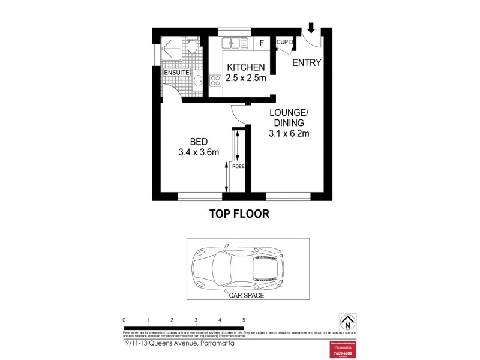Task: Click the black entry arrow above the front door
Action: [311, 28]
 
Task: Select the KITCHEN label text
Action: [245, 67]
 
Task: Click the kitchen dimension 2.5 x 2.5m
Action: [245, 77]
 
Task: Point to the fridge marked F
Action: [262, 43]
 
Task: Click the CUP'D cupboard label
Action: [284, 42]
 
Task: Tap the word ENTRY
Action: [307, 62]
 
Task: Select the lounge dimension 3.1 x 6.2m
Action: [289, 134]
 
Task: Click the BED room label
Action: [199, 142]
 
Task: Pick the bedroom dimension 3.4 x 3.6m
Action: [199, 152]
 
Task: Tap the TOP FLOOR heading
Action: [239, 213]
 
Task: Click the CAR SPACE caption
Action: [247, 295]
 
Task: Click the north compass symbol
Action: [346, 321]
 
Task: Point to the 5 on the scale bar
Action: [244, 320]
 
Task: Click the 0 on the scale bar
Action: [124, 320]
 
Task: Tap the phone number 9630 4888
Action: [344, 353]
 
